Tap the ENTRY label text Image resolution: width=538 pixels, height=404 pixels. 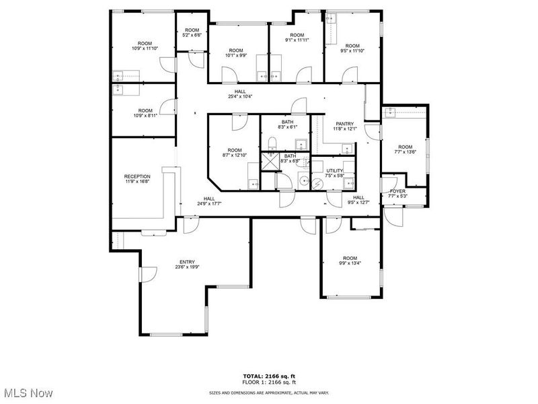(187, 262)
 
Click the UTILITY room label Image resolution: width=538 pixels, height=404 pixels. (335, 171)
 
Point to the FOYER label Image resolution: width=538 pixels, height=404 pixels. (397, 191)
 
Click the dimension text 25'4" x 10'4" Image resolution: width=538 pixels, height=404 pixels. (240, 97)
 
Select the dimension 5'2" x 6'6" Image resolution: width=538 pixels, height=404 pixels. (192, 35)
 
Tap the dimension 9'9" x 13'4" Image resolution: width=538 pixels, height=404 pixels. (350, 263)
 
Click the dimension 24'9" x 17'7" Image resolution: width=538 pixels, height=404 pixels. (210, 203)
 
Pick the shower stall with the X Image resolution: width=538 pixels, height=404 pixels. (271, 160)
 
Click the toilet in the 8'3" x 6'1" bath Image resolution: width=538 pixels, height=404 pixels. (272, 142)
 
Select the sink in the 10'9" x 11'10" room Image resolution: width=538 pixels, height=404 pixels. (118, 75)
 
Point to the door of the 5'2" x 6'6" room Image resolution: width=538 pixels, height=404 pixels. (194, 61)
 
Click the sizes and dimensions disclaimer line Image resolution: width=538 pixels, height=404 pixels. (268, 391)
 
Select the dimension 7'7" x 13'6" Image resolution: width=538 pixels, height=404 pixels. (405, 152)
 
